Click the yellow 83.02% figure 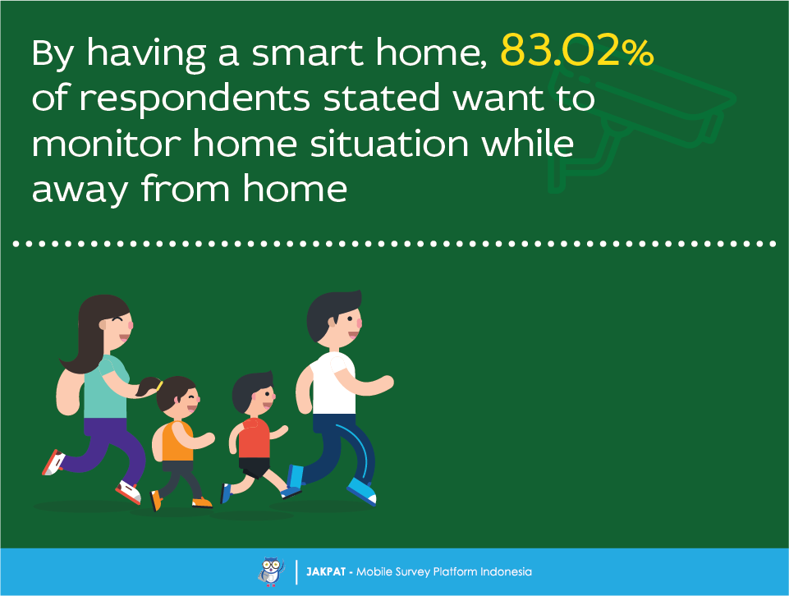pyautogui.click(x=577, y=51)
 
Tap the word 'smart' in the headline pyautogui.click(x=307, y=53)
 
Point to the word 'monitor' pyautogui.click(x=106, y=144)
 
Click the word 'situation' pyautogui.click(x=389, y=143)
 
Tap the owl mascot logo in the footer pyautogui.click(x=271, y=572)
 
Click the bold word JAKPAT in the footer pyautogui.click(x=326, y=572)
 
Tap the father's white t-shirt pyautogui.click(x=333, y=383)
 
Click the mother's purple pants pyautogui.click(x=108, y=448)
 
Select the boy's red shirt pyautogui.click(x=255, y=438)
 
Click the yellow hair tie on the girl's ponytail pyautogui.click(x=159, y=385)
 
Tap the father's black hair pyautogui.click(x=329, y=313)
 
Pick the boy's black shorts pyautogui.click(x=255, y=467)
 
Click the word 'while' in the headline pyautogui.click(x=527, y=143)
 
